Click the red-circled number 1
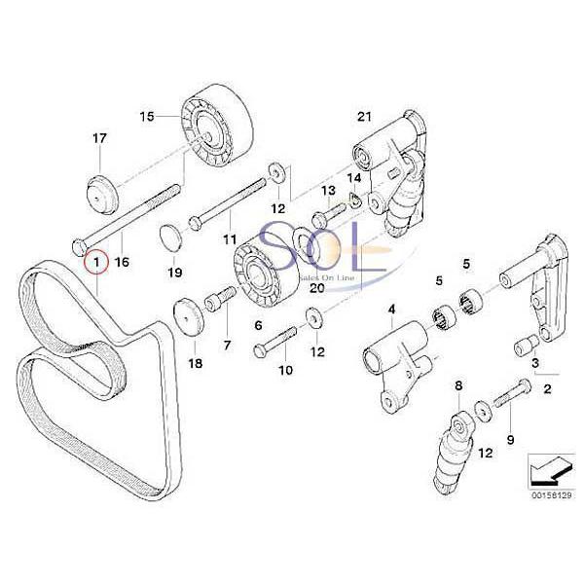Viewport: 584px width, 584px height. click(x=97, y=262)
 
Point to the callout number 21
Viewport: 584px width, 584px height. click(x=364, y=118)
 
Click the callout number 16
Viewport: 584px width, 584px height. click(x=122, y=262)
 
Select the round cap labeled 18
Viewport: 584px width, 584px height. click(x=186, y=318)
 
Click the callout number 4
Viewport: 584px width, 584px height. click(x=391, y=311)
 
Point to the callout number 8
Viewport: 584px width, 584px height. click(x=458, y=387)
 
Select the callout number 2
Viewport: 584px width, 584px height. click(x=547, y=389)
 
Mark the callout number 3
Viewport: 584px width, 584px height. click(x=534, y=363)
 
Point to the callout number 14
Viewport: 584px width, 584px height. click(x=353, y=178)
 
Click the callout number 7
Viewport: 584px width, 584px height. click(x=228, y=345)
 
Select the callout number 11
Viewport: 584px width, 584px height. click(x=230, y=238)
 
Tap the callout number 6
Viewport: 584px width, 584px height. click(x=259, y=325)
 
